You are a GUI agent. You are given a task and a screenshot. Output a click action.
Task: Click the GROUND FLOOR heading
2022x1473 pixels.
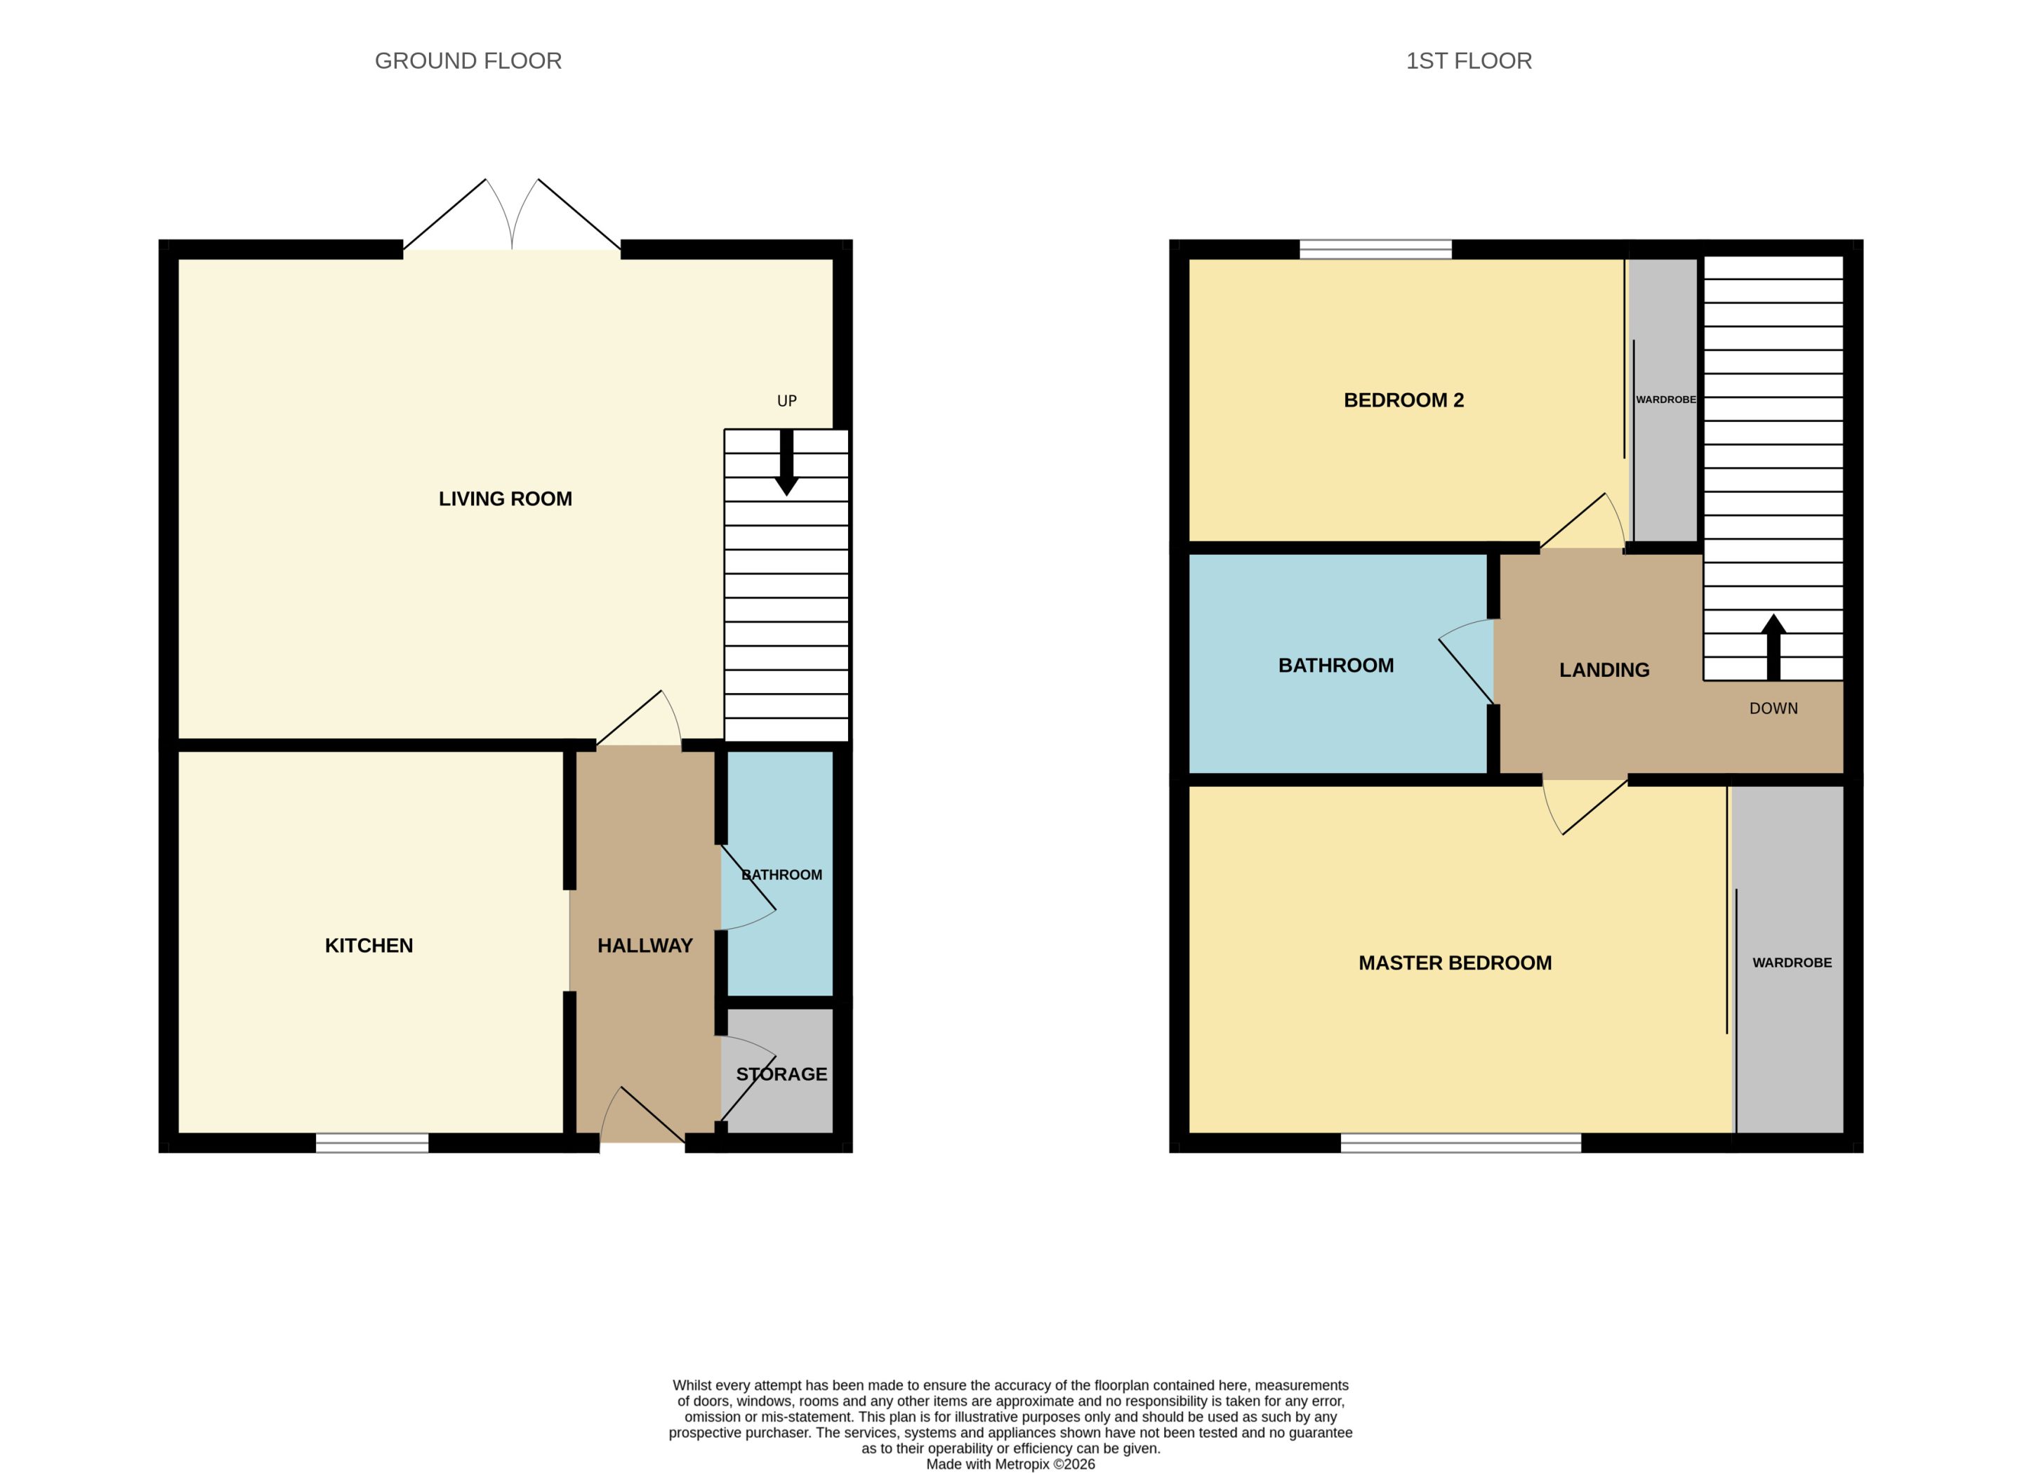[x=468, y=60]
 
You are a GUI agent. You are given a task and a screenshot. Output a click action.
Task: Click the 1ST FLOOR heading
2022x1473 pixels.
[x=1468, y=60]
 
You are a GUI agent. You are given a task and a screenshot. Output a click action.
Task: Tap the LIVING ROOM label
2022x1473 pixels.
[x=505, y=499]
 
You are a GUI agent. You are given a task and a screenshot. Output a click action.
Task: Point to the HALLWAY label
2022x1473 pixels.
[x=645, y=946]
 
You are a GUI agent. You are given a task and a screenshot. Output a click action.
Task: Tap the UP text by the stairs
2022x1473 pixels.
[x=786, y=401]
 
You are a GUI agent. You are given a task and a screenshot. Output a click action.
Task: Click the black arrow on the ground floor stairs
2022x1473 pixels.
[x=786, y=463]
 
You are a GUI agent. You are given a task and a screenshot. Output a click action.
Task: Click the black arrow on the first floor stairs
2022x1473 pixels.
[x=1773, y=647]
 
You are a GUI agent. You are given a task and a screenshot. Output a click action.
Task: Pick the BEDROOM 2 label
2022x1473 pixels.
[x=1404, y=400]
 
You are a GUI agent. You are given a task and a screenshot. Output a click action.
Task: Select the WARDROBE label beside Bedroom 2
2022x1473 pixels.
[x=1665, y=399]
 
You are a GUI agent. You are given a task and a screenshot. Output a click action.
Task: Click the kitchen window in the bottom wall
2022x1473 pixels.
[x=372, y=1142]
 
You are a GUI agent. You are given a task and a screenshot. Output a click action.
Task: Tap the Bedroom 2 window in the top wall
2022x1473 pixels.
[x=1375, y=250]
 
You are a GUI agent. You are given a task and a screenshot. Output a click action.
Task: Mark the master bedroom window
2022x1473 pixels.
[x=1461, y=1142]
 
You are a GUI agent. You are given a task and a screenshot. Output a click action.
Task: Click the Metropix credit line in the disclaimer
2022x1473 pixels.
[x=1011, y=1464]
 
